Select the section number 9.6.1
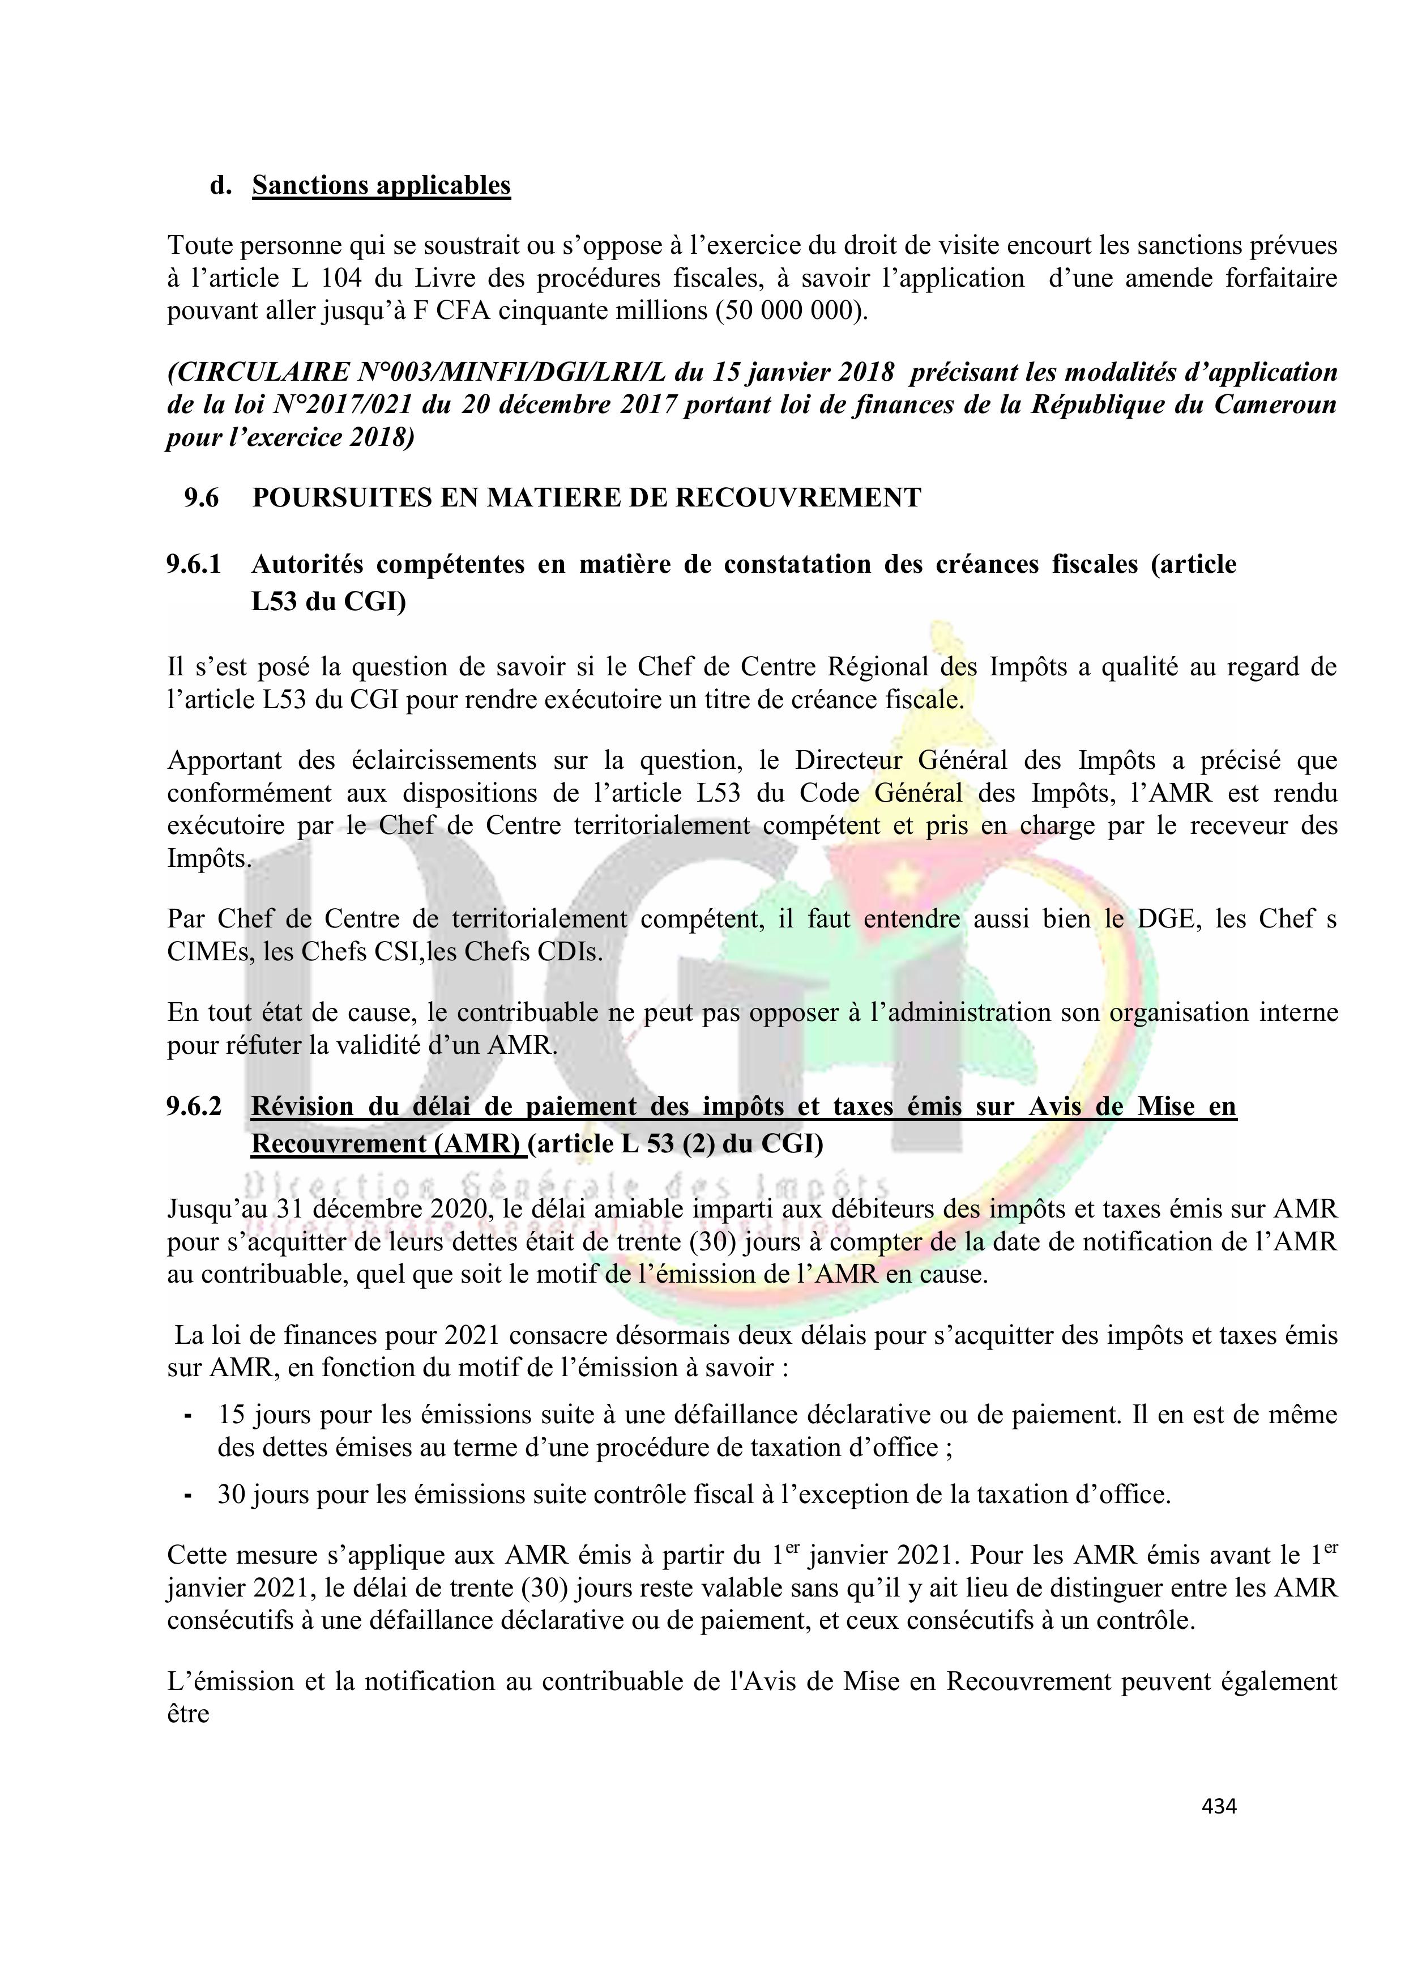(x=194, y=564)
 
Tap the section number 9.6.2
(x=194, y=1106)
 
